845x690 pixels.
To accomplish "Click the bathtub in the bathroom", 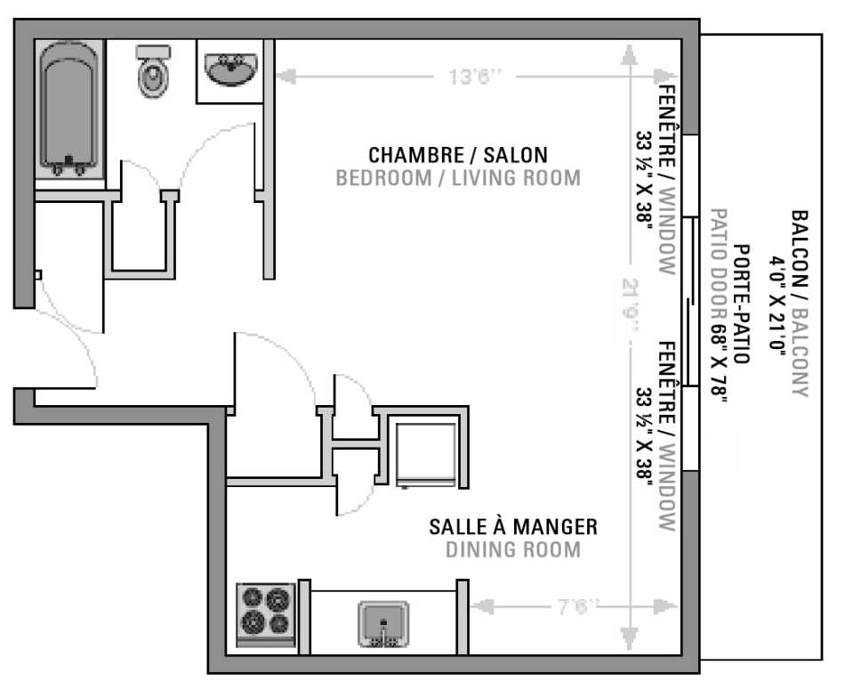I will click(68, 107).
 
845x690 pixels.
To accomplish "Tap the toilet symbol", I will click(154, 72).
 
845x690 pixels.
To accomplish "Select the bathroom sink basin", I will click(230, 69).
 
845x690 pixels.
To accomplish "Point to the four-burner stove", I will click(266, 612).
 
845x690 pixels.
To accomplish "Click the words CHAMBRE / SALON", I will click(458, 155).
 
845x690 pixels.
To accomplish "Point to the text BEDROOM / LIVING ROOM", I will click(458, 178).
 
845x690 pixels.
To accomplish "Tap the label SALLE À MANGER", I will click(513, 526).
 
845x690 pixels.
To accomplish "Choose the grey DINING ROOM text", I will click(513, 549).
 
